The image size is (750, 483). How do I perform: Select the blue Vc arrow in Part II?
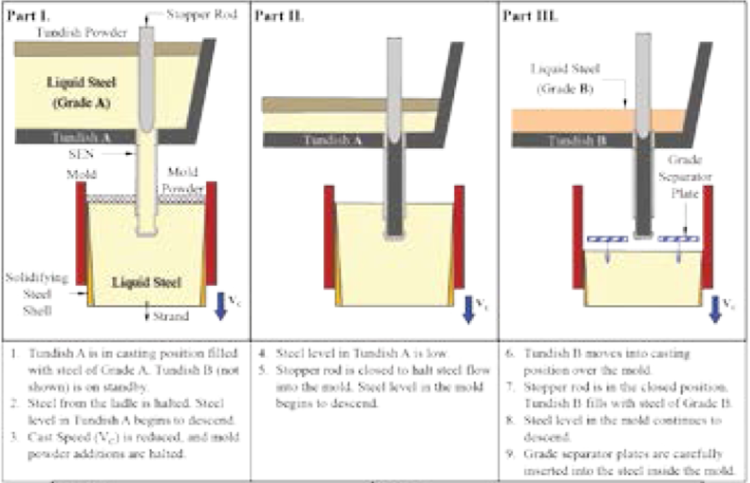[468, 308]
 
